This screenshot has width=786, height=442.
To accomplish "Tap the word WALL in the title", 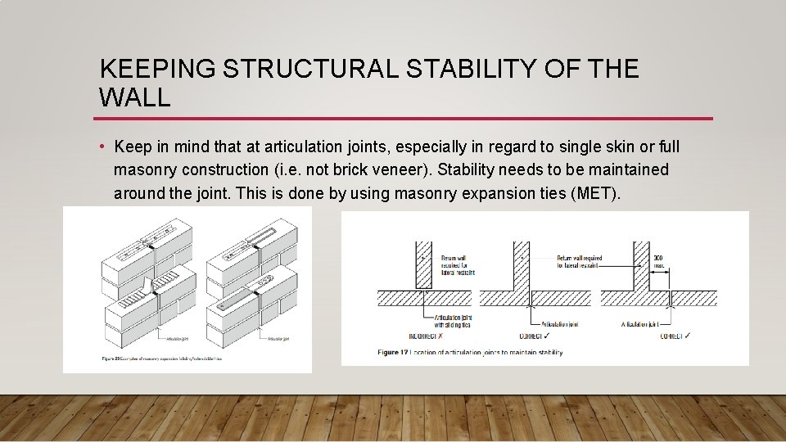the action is click(134, 98).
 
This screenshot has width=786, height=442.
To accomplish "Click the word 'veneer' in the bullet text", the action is click(394, 170).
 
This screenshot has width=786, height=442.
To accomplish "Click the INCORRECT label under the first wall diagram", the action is click(424, 336).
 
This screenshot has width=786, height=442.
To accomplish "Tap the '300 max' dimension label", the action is click(658, 262).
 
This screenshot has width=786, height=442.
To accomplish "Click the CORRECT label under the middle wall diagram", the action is click(535, 336).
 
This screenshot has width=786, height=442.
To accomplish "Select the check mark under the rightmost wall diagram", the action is click(689, 336).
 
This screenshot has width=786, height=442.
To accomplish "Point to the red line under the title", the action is click(406, 119).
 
